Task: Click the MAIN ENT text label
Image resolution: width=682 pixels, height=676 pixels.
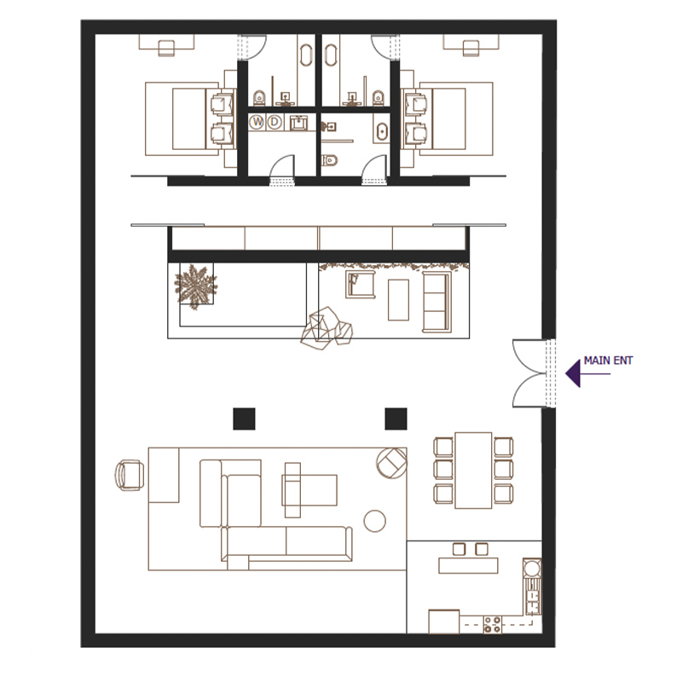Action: tap(608, 361)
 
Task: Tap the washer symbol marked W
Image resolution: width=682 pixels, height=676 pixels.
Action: tap(257, 122)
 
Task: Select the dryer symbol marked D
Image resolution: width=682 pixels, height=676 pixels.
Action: tap(274, 122)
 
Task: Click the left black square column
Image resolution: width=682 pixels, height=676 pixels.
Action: tap(244, 419)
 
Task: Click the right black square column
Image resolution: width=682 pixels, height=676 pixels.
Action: tap(396, 419)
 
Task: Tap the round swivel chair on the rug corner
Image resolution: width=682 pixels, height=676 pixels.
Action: tap(392, 463)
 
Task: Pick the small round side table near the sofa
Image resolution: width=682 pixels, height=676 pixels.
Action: tap(374, 521)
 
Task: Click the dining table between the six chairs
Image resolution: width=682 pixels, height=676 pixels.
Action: tap(473, 471)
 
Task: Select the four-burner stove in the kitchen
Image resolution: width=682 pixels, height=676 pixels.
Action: tap(493, 625)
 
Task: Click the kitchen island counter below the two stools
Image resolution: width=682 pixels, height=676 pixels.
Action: tap(468, 566)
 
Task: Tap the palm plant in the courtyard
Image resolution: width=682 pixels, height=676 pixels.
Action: tap(195, 286)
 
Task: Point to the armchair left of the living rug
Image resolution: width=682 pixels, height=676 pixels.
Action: tap(130, 476)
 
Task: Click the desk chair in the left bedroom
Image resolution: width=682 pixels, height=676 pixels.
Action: tap(166, 49)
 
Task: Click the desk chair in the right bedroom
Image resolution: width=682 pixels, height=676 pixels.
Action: tap(471, 49)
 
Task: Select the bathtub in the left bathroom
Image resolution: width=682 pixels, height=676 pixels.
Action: tap(306, 55)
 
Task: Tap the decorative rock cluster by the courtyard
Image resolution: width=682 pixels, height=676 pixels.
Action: tap(327, 328)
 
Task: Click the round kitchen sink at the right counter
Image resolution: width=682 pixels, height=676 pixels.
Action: tap(531, 568)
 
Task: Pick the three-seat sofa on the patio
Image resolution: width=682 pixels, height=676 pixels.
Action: tap(436, 302)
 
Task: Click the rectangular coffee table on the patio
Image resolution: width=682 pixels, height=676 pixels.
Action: tap(398, 300)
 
